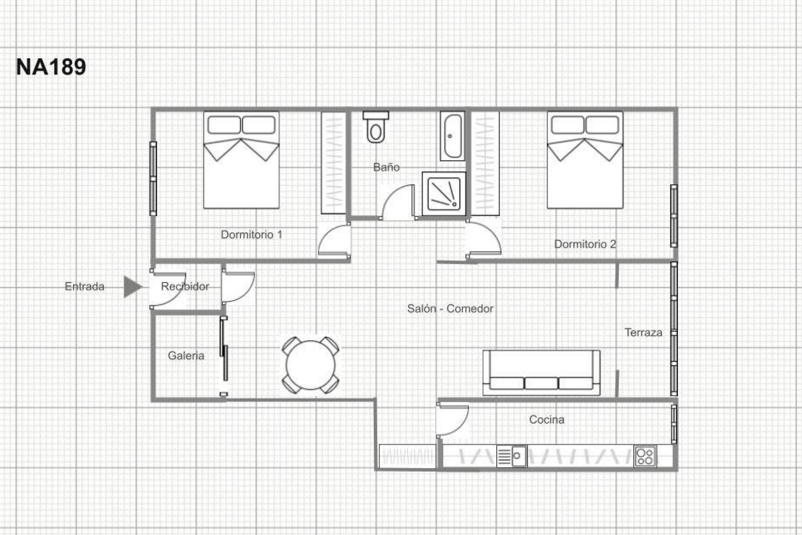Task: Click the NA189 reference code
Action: click(x=51, y=67)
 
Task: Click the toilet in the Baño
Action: click(x=376, y=127)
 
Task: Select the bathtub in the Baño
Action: click(x=452, y=136)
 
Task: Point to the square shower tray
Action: click(x=444, y=194)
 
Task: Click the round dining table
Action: click(x=310, y=365)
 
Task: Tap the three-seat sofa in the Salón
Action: click(x=541, y=372)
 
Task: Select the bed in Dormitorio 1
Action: click(x=241, y=160)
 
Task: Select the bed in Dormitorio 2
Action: click(x=585, y=160)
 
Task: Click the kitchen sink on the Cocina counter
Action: click(x=512, y=456)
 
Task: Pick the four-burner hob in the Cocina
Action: click(x=645, y=456)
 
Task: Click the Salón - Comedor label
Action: click(x=450, y=309)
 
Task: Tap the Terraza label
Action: click(x=643, y=333)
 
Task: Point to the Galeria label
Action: click(x=186, y=356)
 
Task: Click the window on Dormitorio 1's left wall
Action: click(x=153, y=178)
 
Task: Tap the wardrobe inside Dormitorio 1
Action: click(x=333, y=163)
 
